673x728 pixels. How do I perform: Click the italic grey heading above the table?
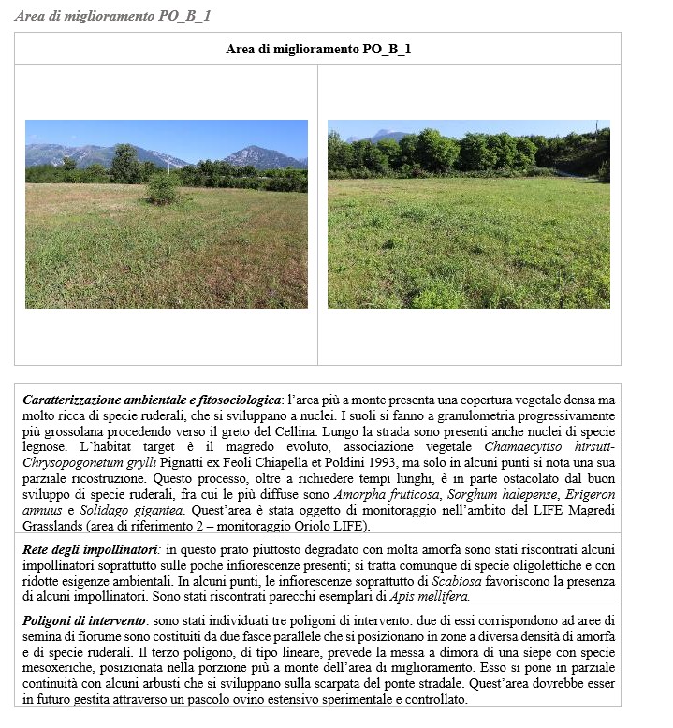pyautogui.click(x=112, y=16)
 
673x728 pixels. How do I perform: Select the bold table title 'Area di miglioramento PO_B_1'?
pyautogui.click(x=318, y=49)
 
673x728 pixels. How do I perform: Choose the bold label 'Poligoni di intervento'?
pyautogui.click(x=82, y=621)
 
